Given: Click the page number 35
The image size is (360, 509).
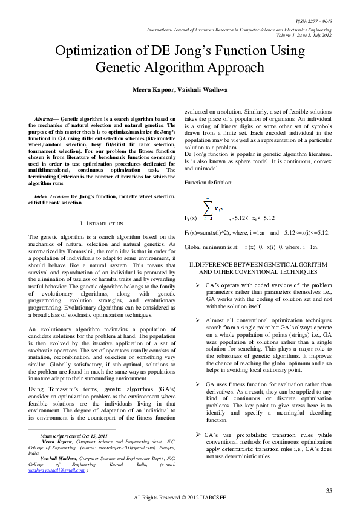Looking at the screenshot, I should (329, 489).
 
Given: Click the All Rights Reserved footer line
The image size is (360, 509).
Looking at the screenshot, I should (179, 497).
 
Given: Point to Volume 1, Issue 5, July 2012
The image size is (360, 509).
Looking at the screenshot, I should (303, 35).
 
